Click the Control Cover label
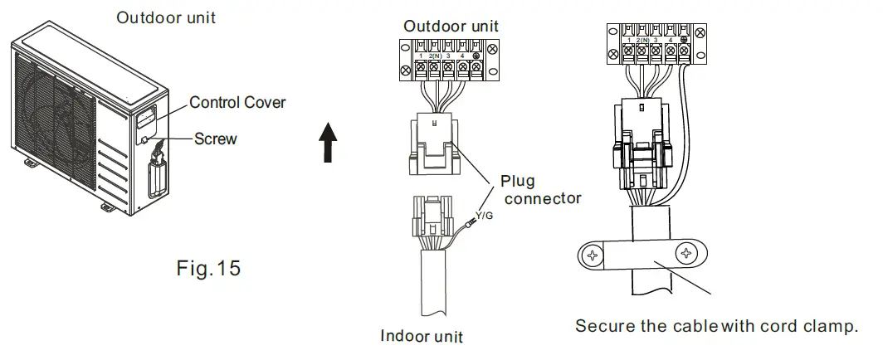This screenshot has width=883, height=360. coord(237,103)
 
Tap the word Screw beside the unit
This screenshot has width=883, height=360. coord(215,139)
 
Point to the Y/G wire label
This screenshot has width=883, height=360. coord(485,216)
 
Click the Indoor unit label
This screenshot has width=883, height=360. coord(422,336)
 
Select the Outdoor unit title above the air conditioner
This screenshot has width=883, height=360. coord(166,17)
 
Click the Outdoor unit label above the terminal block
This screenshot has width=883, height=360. coord(451,27)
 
